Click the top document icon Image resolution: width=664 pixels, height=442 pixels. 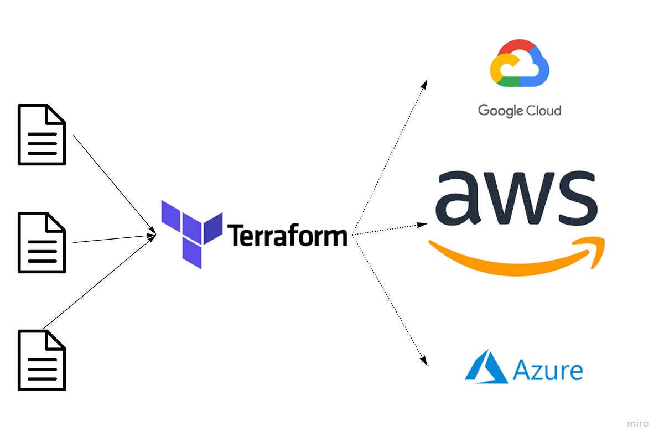point(42,134)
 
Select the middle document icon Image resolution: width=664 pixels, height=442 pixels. point(42,242)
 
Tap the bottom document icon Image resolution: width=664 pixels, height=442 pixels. point(42,360)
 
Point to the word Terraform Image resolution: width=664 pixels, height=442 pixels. point(287,236)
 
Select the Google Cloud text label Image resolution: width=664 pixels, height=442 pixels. point(520,111)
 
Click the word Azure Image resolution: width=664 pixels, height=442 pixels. point(547,370)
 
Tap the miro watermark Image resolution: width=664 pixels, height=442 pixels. point(639,423)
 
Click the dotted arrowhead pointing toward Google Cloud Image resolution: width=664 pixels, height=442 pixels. point(424,84)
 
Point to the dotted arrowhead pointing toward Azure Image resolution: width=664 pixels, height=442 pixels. point(424,361)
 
